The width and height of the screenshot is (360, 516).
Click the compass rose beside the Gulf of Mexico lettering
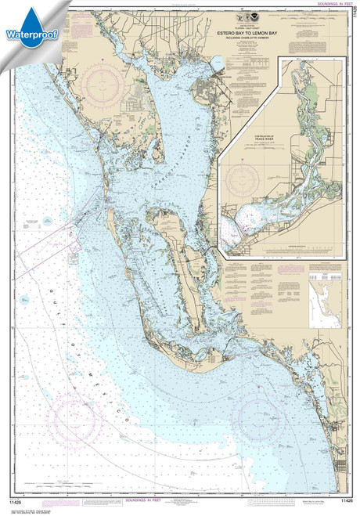[76, 420]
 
